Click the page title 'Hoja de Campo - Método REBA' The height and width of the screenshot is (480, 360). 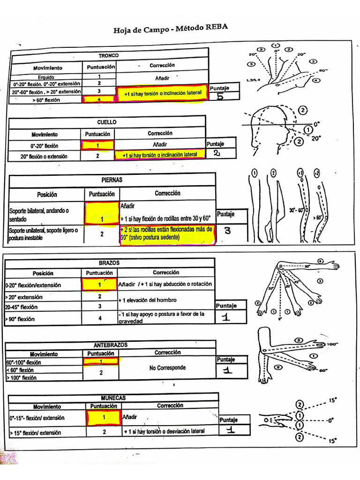171,30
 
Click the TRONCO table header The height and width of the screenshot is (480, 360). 108,55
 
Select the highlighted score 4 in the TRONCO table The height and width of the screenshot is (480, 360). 99,99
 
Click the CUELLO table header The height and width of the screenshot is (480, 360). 107,122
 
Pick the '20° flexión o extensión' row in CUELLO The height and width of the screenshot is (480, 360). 44,157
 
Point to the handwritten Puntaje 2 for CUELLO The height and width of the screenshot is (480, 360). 217,154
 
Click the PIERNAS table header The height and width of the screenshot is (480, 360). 112,180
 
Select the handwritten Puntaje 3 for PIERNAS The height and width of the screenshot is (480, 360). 227,231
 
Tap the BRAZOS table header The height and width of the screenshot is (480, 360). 109,263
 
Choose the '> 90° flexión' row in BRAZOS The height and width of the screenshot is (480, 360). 23,319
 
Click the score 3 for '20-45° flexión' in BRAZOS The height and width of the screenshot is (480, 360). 99,307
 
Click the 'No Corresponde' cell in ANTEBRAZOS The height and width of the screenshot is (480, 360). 167,368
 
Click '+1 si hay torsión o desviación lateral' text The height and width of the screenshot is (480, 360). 164,431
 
